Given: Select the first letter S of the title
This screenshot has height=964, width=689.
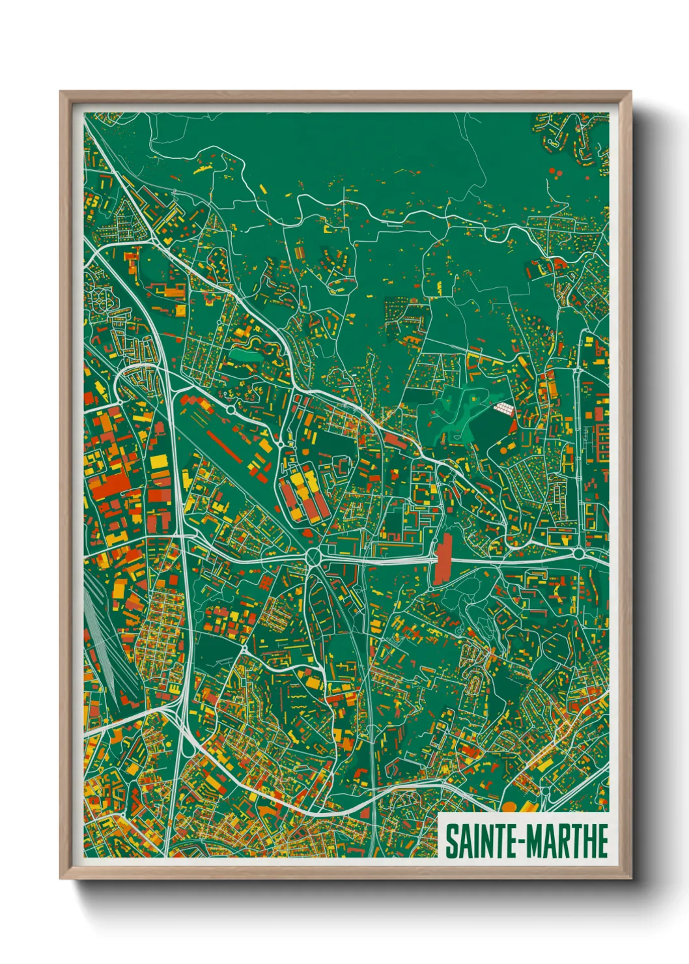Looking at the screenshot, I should point(451,841).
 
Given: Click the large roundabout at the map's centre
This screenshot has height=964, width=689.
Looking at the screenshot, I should point(314,558).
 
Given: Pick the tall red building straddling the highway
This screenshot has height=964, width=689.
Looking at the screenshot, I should point(443,560).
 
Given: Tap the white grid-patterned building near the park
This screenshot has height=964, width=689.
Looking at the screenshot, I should point(504,409).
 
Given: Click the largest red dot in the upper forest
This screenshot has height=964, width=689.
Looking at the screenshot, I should point(552,171).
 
